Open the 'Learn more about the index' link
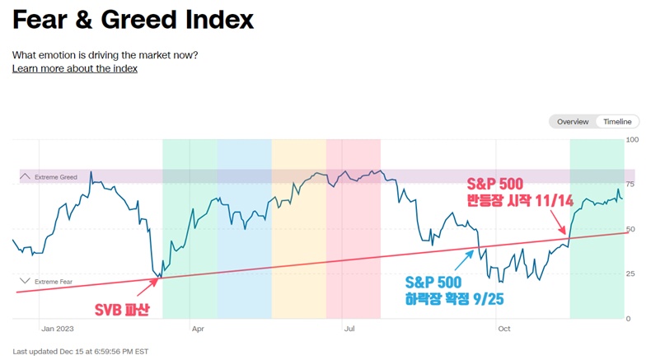pos(74,68)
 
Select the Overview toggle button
pos(573,122)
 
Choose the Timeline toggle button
pos(617,122)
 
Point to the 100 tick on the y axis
pos(633,140)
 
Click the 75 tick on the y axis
pos(632,185)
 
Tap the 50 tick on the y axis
pos(632,229)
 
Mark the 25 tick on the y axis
pos(632,274)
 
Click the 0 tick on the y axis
pos(630,318)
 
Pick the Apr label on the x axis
pos(198,328)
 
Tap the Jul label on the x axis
pos(349,328)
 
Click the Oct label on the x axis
pos(504,328)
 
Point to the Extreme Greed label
pos(56,177)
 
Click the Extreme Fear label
pos(54,282)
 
